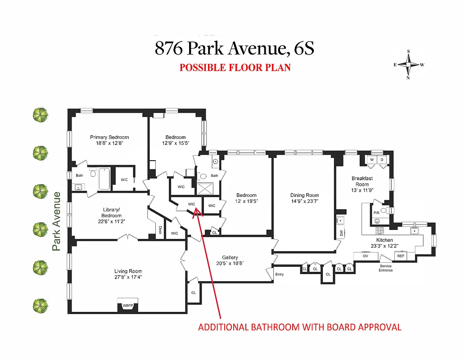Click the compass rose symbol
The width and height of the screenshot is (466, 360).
pyautogui.click(x=409, y=65)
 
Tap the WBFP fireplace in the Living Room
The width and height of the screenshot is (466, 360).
pyautogui.click(x=128, y=305)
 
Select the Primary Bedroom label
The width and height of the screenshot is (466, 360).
pyautogui.click(x=109, y=137)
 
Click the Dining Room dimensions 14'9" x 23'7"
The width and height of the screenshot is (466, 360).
pyautogui.click(x=304, y=201)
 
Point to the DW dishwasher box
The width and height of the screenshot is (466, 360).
pyautogui.click(x=341, y=233)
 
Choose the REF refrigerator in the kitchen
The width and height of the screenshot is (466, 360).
pyautogui.click(x=400, y=256)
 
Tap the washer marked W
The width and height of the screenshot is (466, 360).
pyautogui.click(x=372, y=160)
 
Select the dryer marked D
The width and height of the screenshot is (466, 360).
pyautogui.click(x=382, y=160)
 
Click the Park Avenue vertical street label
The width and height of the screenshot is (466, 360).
pyautogui.click(x=56, y=221)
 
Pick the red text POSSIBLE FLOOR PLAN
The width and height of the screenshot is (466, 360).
pyautogui.click(x=235, y=68)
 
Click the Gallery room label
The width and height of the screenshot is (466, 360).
pyautogui.click(x=230, y=257)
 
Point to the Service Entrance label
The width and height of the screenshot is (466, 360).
pyautogui.click(x=385, y=268)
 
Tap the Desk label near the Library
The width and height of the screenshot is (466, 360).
pyautogui.click(x=160, y=230)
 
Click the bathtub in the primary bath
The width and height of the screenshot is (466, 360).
pyautogui.click(x=105, y=179)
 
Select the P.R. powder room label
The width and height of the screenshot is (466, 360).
pyautogui.click(x=376, y=213)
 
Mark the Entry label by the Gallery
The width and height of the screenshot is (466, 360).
pyautogui.click(x=280, y=274)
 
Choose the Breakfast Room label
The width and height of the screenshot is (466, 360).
pyautogui.click(x=362, y=181)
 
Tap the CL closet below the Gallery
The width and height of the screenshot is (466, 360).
pyautogui.click(x=194, y=292)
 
